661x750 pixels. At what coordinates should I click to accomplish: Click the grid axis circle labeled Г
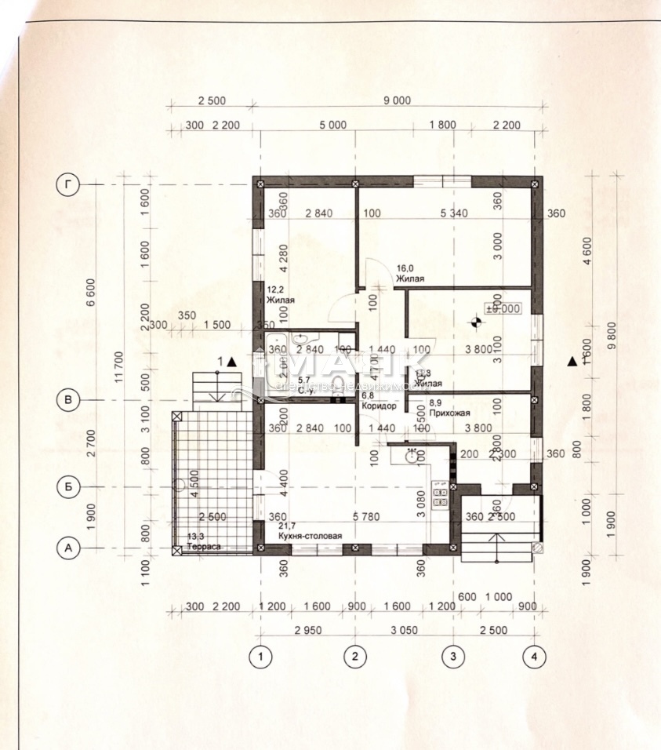click(71, 184)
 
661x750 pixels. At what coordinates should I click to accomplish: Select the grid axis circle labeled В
click(70, 400)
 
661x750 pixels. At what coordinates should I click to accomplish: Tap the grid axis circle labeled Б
click(70, 487)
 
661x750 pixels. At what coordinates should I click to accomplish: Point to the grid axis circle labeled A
click(70, 548)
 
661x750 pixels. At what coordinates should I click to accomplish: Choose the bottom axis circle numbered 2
click(356, 655)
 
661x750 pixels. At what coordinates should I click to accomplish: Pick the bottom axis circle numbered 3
click(452, 655)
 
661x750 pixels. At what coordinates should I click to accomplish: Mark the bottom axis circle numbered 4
click(535, 655)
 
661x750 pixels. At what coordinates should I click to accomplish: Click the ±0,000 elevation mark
click(503, 308)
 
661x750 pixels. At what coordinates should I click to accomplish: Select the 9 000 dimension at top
click(397, 100)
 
